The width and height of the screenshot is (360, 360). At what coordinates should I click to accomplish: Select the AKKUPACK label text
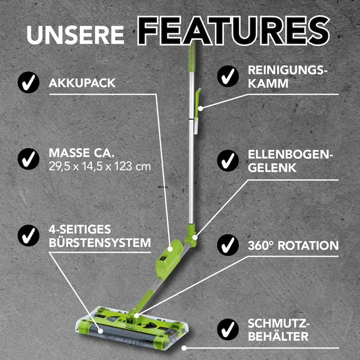(x=82, y=83)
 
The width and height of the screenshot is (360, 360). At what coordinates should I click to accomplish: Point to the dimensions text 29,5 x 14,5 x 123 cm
(x=99, y=166)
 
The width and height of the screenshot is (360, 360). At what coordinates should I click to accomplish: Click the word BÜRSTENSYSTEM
(x=100, y=243)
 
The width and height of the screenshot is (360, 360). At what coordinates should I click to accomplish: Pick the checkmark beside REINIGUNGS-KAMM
(x=228, y=76)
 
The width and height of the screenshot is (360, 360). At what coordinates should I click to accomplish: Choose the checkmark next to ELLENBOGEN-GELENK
(x=228, y=161)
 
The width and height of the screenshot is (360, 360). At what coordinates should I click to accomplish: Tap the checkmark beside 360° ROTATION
(x=228, y=245)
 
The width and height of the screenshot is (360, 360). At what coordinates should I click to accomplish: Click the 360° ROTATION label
(x=293, y=246)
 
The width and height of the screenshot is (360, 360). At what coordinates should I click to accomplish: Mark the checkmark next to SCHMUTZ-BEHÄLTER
(x=228, y=329)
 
